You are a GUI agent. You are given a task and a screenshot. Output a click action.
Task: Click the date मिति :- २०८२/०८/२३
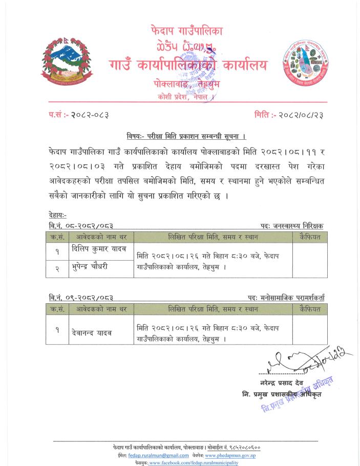pos(290,115)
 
